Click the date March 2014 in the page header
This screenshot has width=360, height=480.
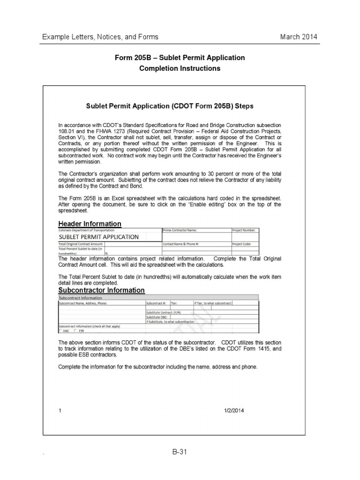299,37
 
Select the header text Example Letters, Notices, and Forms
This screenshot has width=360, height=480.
100,37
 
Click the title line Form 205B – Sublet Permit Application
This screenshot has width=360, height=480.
180,58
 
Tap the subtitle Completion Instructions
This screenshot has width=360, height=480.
180,68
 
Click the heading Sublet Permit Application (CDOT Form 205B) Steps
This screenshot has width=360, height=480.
170,106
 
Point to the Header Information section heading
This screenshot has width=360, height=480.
90,224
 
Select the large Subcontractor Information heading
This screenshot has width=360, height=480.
101,290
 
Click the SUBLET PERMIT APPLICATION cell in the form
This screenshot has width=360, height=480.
99,237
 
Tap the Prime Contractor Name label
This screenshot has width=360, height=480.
180,231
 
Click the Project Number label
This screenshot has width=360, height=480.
244,231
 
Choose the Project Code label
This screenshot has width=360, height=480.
242,244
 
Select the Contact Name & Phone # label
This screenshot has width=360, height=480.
181,244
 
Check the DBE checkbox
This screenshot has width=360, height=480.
60,330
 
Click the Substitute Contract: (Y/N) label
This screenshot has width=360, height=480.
164,312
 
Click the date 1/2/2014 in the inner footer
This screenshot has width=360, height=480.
234,411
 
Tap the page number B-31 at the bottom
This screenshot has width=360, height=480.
180,452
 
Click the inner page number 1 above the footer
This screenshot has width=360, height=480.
60,411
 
